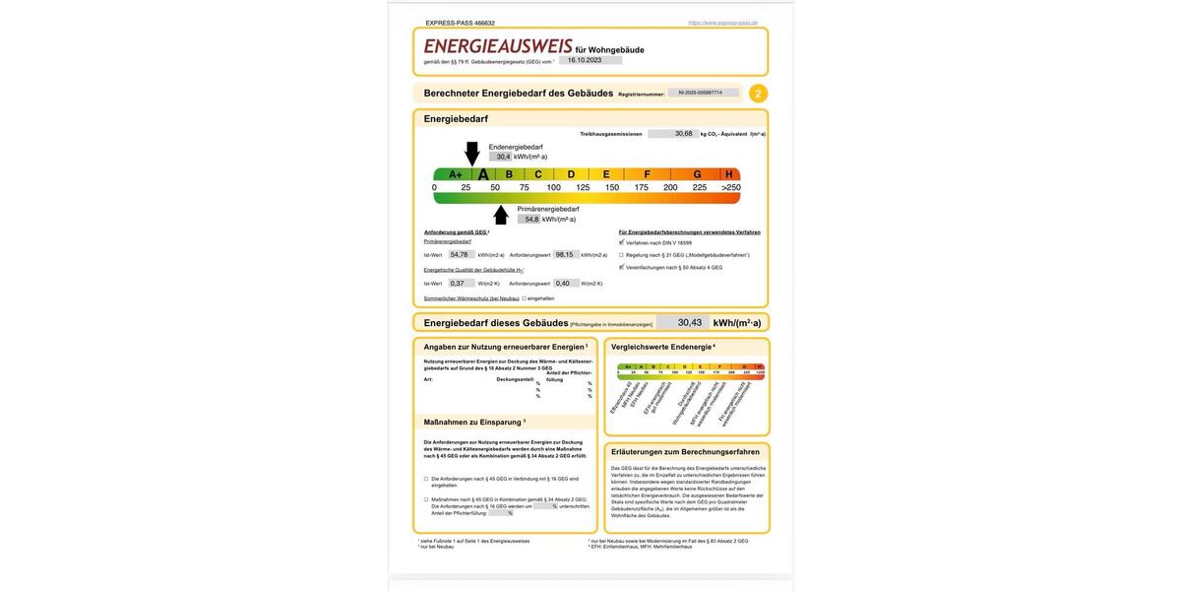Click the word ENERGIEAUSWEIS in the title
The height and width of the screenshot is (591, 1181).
[498, 46]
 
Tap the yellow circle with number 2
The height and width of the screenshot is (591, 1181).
[758, 94]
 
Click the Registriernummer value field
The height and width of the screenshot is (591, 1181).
[703, 93]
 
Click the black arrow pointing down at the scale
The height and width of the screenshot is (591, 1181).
[472, 153]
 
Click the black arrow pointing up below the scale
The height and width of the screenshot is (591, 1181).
[501, 215]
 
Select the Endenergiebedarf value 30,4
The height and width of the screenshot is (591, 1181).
[503, 157]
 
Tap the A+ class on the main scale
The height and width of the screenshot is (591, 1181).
[456, 174]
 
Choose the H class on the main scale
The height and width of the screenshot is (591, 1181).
[729, 174]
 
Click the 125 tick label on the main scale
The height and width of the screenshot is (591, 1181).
[583, 187]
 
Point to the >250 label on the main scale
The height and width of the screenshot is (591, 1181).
[731, 187]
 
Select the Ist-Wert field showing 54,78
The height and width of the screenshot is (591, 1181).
[461, 254]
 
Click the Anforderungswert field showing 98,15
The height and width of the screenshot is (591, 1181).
[565, 254]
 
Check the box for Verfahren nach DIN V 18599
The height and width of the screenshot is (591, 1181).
[621, 242]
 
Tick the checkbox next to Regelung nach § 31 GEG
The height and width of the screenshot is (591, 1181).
[621, 254]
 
